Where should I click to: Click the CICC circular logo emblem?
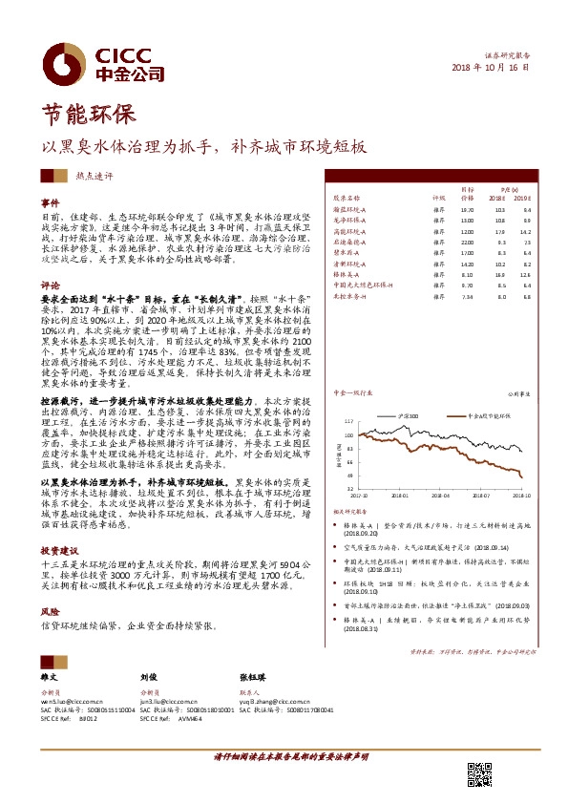click(x=66, y=63)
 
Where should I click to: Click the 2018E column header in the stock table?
click(x=498, y=198)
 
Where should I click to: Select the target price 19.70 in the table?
click(x=467, y=208)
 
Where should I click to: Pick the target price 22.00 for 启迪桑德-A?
click(x=467, y=243)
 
